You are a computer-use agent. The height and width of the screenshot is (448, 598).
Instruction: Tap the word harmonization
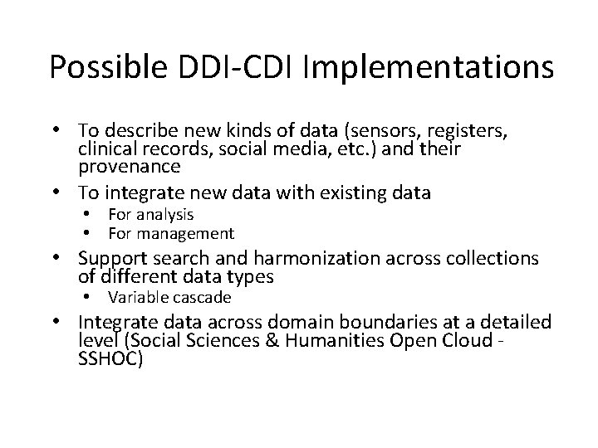306,258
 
